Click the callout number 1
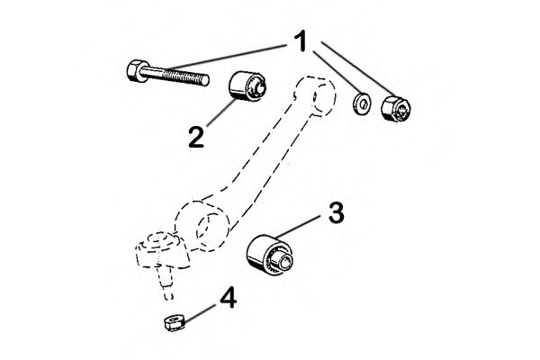point(301,41)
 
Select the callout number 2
point(196,137)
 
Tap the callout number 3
point(336,212)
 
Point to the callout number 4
point(229,298)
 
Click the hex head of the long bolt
point(135,71)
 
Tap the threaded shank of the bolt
point(175,76)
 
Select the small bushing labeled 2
point(247,86)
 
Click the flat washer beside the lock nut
point(362,103)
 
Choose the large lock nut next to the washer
point(396,108)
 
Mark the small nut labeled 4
point(174,324)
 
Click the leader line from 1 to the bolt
point(229,56)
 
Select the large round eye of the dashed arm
point(202,225)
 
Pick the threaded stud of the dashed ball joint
point(166,281)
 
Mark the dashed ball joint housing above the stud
point(161,250)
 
